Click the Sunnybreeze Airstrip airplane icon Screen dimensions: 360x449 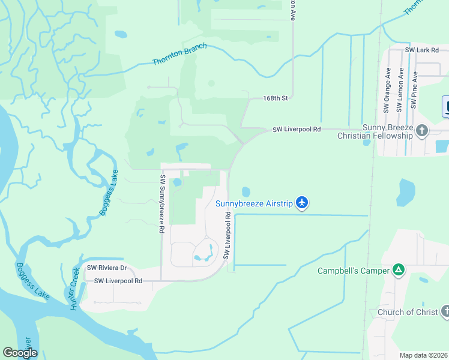click(302, 203)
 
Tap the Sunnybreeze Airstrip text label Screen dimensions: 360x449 click(254, 204)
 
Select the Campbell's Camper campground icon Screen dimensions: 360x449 click(398, 271)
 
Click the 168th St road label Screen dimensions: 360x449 click(276, 98)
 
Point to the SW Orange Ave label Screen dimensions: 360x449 click(388, 90)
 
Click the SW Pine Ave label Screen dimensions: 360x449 click(414, 90)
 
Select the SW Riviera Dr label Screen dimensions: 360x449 click(107, 268)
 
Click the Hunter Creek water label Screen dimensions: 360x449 click(73, 289)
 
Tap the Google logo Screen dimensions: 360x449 click(20, 353)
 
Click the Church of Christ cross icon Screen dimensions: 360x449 click(445, 311)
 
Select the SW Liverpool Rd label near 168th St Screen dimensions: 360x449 click(297, 129)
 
